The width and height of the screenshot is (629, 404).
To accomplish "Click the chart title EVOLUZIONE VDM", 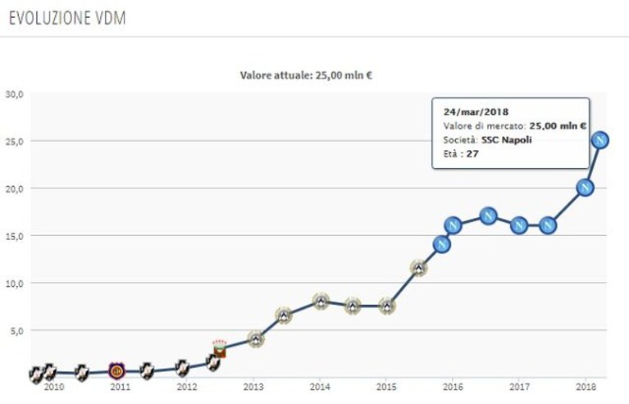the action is [x=67, y=18].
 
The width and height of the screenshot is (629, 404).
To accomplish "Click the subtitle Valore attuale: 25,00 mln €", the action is [x=306, y=75].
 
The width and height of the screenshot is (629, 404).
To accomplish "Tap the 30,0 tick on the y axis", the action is [x=15, y=94].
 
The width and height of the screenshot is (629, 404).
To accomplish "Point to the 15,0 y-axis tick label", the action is [x=15, y=236].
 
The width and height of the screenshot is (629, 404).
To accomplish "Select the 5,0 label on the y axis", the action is [x=17, y=330].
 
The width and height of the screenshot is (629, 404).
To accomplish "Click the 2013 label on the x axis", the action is [x=253, y=387].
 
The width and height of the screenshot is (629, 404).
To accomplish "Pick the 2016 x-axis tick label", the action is [x=453, y=387].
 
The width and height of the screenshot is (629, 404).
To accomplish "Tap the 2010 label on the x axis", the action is [x=54, y=387].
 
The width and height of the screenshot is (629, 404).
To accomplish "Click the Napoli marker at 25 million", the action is [x=600, y=140].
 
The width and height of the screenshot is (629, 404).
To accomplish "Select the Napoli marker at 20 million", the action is [x=585, y=188].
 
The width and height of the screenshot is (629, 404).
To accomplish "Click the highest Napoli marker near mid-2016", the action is [x=488, y=216].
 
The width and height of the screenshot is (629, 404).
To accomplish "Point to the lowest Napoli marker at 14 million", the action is [x=442, y=244].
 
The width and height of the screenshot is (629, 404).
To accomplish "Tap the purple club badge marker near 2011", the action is [x=116, y=370].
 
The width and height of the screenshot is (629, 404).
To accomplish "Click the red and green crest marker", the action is [x=220, y=348].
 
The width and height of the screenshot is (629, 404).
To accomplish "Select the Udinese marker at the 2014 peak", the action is [x=321, y=301].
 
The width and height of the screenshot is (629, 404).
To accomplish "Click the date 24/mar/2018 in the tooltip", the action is [x=476, y=111].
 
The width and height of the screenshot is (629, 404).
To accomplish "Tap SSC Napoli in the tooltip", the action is [x=507, y=140].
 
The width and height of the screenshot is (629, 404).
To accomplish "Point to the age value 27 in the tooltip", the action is [x=472, y=154].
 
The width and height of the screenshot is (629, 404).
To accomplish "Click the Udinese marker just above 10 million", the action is [x=419, y=268].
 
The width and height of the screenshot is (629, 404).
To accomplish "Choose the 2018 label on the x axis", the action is [x=586, y=387].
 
